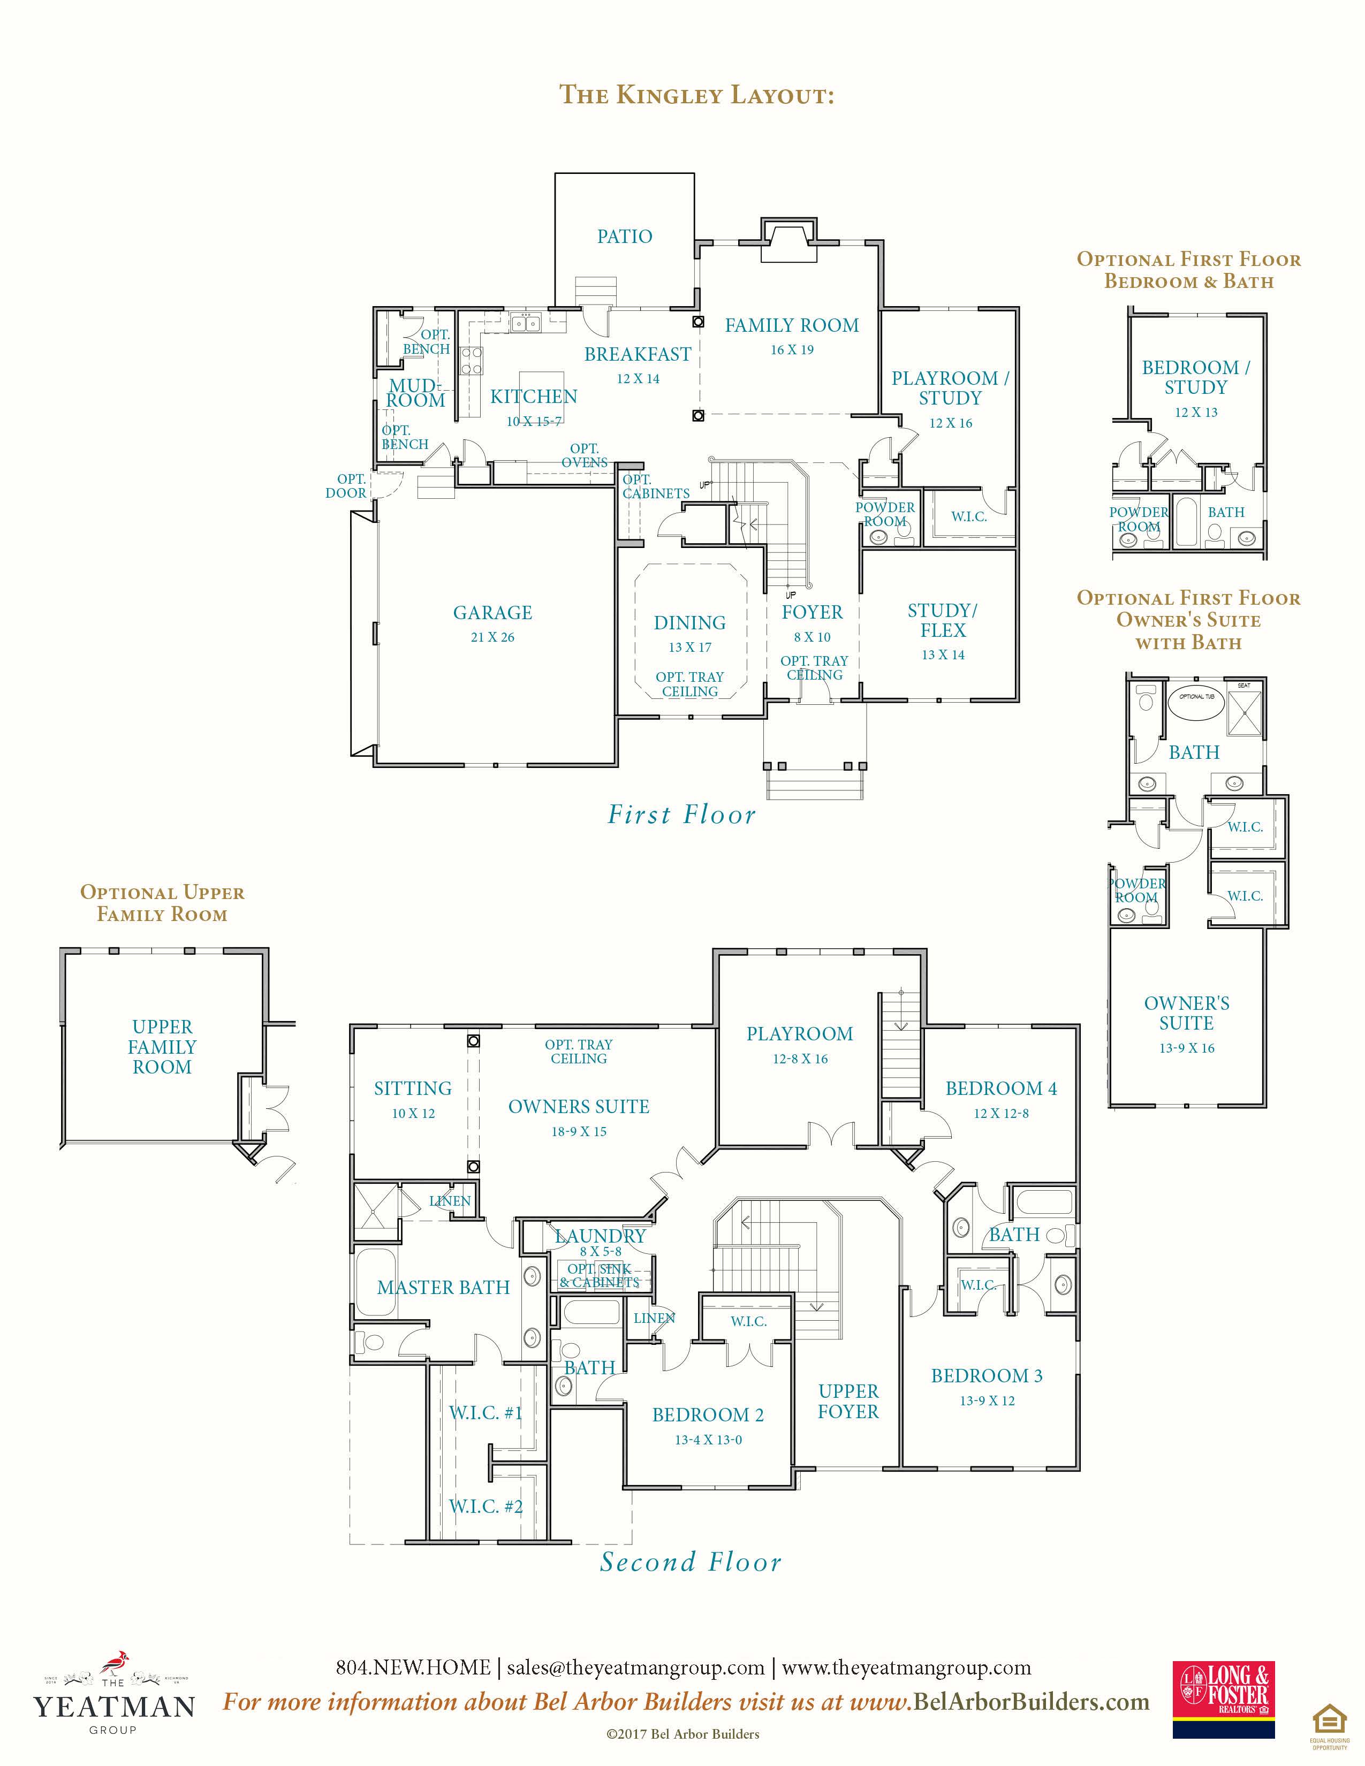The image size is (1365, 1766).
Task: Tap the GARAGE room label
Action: coord(492,613)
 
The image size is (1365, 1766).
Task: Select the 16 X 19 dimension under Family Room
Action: coord(792,349)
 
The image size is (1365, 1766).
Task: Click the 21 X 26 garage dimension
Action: coord(492,637)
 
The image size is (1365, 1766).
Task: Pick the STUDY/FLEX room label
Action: coord(943,620)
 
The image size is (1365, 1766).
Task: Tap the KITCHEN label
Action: coord(534,397)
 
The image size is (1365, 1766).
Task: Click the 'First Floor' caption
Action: coord(681,815)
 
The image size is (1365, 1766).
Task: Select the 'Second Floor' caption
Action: coord(691,1562)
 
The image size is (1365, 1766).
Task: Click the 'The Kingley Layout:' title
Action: coord(696,95)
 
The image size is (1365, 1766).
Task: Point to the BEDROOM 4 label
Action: coord(1001,1088)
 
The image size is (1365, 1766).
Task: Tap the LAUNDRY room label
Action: coord(600,1236)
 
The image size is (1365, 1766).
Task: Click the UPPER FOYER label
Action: coord(848,1402)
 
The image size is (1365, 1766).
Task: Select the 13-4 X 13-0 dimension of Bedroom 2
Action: coord(708,1440)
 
